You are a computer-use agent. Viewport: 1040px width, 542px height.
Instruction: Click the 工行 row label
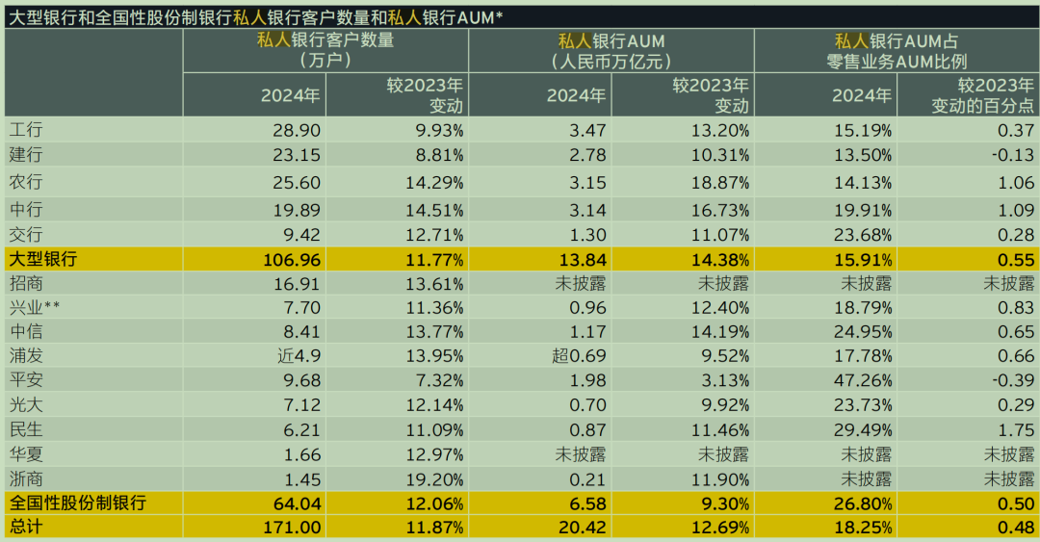click(x=26, y=130)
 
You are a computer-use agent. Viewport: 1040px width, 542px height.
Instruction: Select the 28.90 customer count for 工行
click(x=298, y=130)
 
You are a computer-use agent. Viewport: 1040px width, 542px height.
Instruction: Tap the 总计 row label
click(x=26, y=528)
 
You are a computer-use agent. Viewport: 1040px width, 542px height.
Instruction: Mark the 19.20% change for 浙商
click(x=437, y=478)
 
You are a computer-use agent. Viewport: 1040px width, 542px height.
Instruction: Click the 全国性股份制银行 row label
click(x=77, y=503)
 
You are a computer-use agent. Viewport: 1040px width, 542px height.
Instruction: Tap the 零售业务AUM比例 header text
click(x=896, y=61)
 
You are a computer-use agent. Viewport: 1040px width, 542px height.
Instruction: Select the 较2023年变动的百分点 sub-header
click(x=982, y=95)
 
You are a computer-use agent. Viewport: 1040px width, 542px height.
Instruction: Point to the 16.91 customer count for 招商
click(x=298, y=283)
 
